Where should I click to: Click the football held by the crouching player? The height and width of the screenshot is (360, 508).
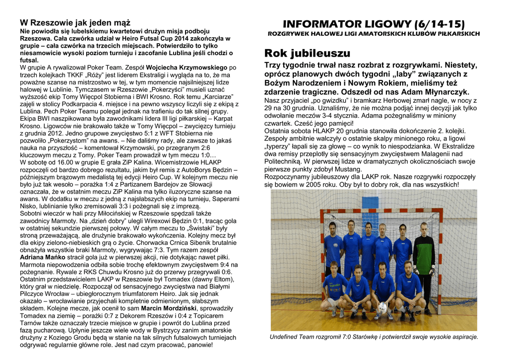[383, 307]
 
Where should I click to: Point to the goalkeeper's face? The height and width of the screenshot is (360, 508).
[423, 228]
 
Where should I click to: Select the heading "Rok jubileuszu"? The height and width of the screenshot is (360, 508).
[308, 53]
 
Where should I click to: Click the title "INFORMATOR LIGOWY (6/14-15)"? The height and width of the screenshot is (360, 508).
[374, 24]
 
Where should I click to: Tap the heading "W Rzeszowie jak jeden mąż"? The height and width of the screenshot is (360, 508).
[75, 23]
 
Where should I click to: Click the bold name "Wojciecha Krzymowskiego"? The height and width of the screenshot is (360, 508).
[191, 67]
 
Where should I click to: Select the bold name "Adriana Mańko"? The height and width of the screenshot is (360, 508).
[43, 257]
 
